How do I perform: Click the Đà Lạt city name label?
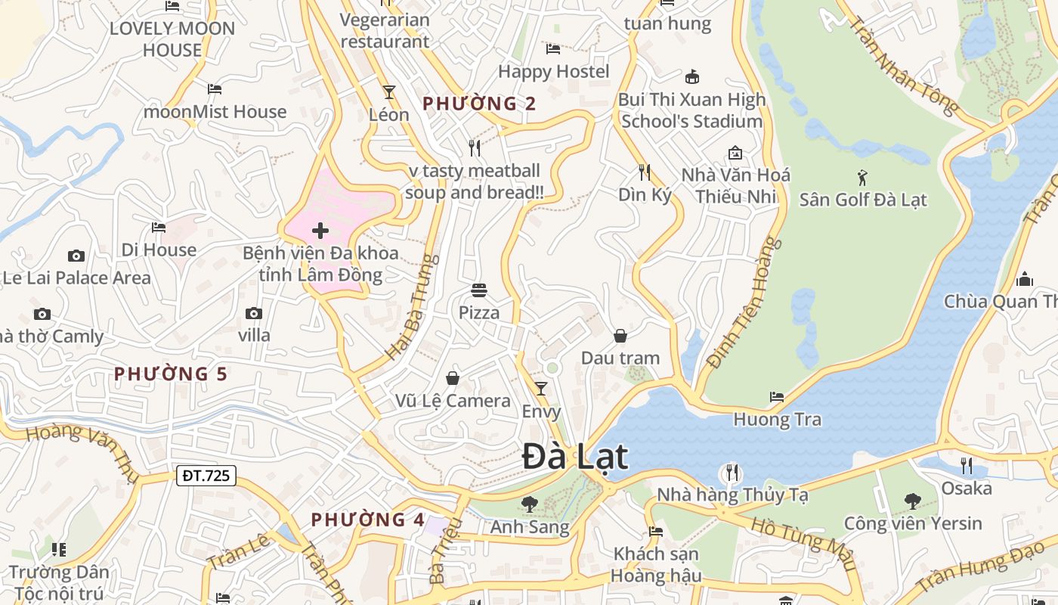point(575,457)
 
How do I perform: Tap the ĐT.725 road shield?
point(206,476)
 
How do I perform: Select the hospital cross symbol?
point(320,231)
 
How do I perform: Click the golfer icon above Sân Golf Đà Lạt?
point(863,178)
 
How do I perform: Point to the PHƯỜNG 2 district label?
point(479,104)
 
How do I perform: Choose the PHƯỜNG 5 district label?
point(171,374)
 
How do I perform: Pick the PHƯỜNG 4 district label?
point(368,520)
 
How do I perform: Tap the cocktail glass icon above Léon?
point(389,92)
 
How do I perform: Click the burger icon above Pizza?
point(479,290)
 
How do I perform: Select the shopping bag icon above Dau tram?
point(620,336)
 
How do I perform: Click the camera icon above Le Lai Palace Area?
point(76,256)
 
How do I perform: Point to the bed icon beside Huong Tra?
point(777,397)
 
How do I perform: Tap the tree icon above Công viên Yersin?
point(913,501)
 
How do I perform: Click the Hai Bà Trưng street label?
point(413,306)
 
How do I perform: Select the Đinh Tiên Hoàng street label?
point(745,302)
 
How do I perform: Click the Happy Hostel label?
point(554,71)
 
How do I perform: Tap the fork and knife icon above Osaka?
point(967,465)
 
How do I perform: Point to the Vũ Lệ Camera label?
point(453,400)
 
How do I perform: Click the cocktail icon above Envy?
point(541,389)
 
